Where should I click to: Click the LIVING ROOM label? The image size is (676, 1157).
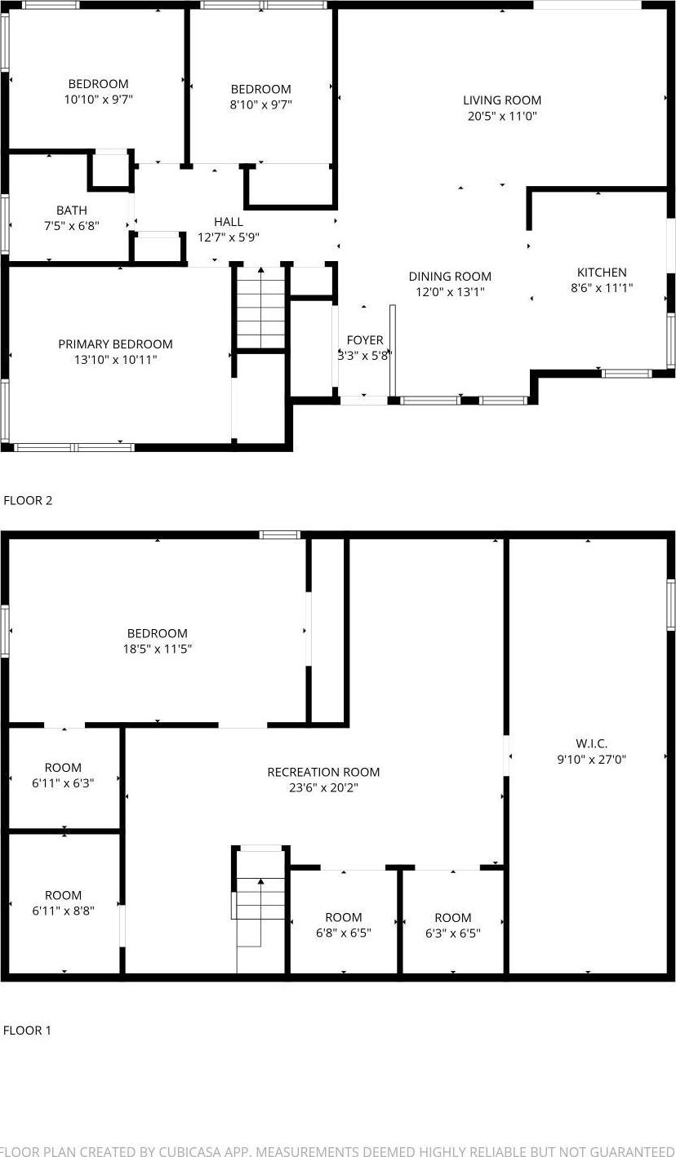pos(502,100)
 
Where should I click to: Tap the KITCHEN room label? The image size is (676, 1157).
pos(602,273)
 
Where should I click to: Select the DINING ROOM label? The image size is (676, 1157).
pos(450,277)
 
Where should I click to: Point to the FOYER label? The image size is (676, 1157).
pos(365,340)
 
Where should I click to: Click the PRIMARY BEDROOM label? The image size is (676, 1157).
pos(115,344)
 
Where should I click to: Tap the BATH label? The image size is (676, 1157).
pos(72,211)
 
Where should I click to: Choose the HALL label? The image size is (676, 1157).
pos(229,222)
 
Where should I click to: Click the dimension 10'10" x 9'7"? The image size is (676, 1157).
pos(98,100)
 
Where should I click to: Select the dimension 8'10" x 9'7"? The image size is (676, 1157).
pos(260,105)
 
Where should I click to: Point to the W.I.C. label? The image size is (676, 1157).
pos(591,743)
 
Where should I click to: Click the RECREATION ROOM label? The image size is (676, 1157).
pos(323,772)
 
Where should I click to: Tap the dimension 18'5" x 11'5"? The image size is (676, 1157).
pos(158,649)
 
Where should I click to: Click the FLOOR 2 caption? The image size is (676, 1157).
pos(28,500)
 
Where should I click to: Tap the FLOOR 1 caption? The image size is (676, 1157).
pos(27,1031)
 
